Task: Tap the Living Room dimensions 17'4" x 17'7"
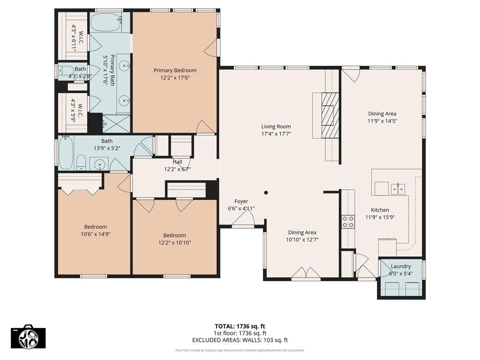coord(276,134)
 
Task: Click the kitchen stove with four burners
coord(348,222)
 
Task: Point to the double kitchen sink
coord(397,189)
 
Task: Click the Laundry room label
coord(401,266)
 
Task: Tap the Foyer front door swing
coord(244,218)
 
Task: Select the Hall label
coord(177,162)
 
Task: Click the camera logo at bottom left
coord(29,336)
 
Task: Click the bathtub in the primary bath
coord(107,22)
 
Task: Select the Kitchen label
coord(380,210)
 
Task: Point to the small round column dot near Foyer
coord(266,192)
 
